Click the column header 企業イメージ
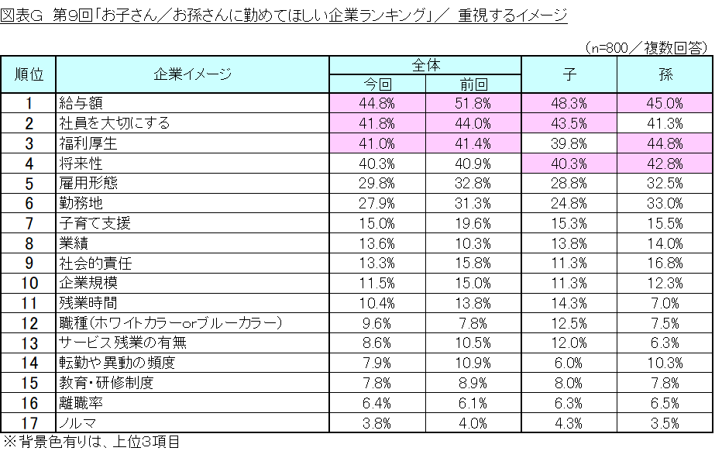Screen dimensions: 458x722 (193, 74)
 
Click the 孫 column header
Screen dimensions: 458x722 (665, 74)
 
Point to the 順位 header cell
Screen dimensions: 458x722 (29, 74)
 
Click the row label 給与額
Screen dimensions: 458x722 (81, 102)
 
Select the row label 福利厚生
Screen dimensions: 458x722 (86, 143)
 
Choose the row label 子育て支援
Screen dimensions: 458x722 (95, 223)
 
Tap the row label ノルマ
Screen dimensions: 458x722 (77, 423)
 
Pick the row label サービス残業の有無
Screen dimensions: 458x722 (122, 343)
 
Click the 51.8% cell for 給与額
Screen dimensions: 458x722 (473, 102)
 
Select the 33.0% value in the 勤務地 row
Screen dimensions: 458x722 (665, 203)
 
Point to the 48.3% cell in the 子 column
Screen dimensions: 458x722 (569, 102)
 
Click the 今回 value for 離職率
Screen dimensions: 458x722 (379, 403)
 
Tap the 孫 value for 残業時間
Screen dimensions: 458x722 (665, 303)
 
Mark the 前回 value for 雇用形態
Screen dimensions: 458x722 (473, 183)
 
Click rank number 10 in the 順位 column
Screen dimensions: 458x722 (29, 283)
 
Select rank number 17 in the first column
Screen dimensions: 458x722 (29, 423)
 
